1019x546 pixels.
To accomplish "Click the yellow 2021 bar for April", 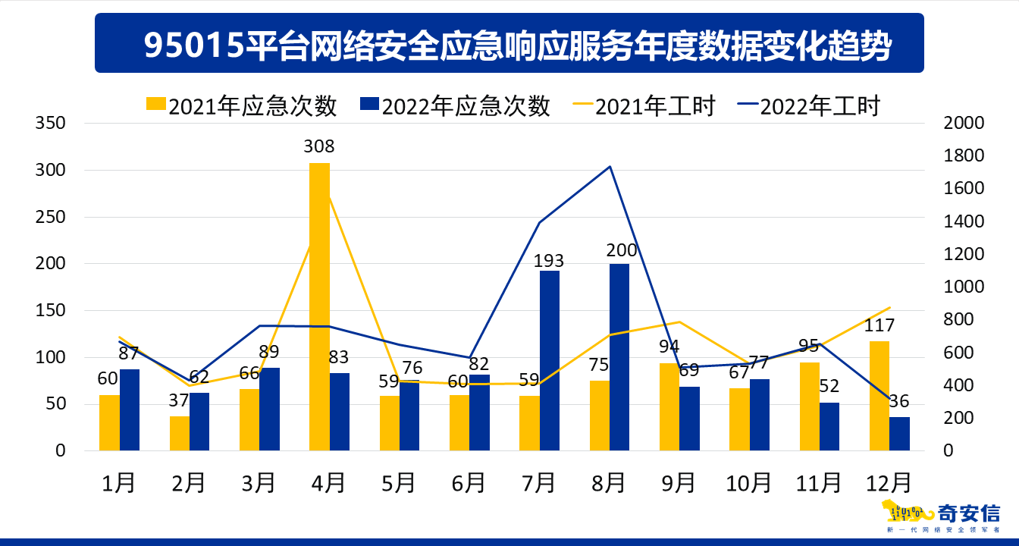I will tap(319, 306).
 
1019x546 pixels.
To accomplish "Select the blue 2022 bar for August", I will tap(619, 357).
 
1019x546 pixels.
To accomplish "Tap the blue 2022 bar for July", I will tap(550, 360).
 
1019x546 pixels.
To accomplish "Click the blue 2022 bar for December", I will tap(899, 434).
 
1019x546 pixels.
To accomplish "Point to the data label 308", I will tap(319, 147).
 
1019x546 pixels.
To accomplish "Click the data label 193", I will tap(548, 262).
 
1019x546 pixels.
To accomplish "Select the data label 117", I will tap(879, 326).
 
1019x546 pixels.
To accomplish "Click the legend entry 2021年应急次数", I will tap(241, 106).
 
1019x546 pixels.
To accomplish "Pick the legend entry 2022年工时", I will tap(808, 106).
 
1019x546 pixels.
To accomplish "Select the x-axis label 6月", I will tap(469, 482).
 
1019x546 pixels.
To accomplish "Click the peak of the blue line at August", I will tap(610, 166).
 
